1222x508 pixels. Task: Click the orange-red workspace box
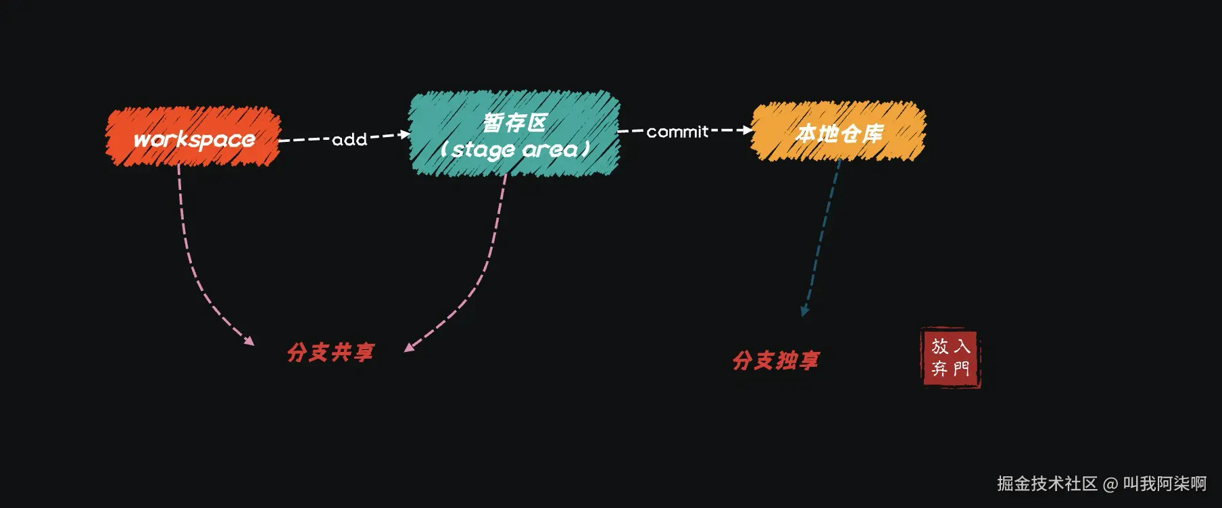coord(193,137)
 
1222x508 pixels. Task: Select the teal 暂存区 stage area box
coord(514,134)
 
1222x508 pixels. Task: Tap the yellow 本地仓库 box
coord(838,132)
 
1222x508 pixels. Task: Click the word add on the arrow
coord(349,140)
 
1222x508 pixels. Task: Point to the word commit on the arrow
coord(677,132)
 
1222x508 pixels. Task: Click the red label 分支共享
coord(331,352)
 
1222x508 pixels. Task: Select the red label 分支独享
coord(776,360)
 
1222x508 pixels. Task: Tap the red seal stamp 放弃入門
coord(951,357)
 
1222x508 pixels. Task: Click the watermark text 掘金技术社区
coord(1047,484)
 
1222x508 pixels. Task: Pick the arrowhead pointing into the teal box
coord(405,134)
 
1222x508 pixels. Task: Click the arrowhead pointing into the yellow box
coord(748,130)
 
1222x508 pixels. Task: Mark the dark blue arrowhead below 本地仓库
coord(804,311)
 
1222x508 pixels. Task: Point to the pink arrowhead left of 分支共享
coord(249,341)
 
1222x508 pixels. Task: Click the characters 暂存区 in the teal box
coord(514,122)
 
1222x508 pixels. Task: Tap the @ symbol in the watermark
coord(1110,484)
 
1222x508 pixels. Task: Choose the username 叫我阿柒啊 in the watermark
coord(1165,484)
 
